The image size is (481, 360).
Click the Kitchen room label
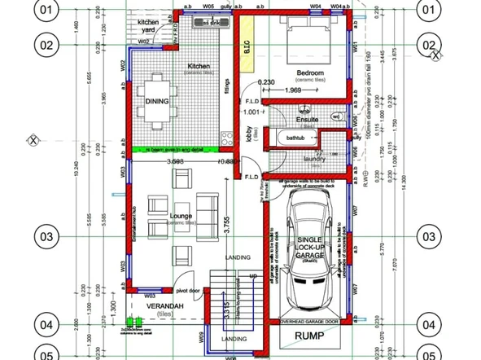pyautogui.click(x=199, y=66)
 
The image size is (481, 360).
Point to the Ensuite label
pyautogui.click(x=306, y=120)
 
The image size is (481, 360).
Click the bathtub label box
pyautogui.click(x=294, y=139)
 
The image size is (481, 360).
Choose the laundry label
pyautogui.click(x=313, y=159)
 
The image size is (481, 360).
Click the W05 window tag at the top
pyautogui.click(x=208, y=6)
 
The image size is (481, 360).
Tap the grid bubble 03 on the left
pyautogui.click(x=48, y=235)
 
